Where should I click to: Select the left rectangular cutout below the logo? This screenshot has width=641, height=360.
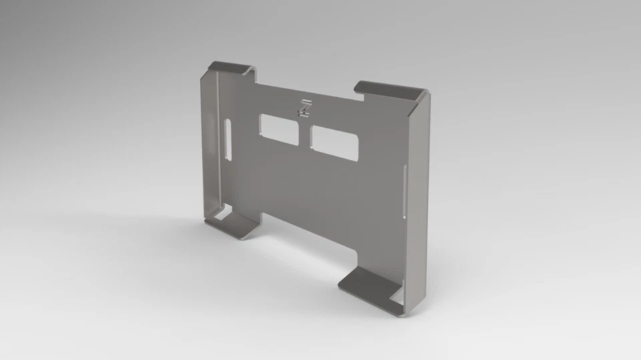pos(280,128)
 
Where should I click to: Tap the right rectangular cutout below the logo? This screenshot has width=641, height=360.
pos(335,143)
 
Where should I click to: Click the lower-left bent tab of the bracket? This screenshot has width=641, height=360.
pos(234,223)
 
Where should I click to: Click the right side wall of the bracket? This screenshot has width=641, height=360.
pos(417,200)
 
